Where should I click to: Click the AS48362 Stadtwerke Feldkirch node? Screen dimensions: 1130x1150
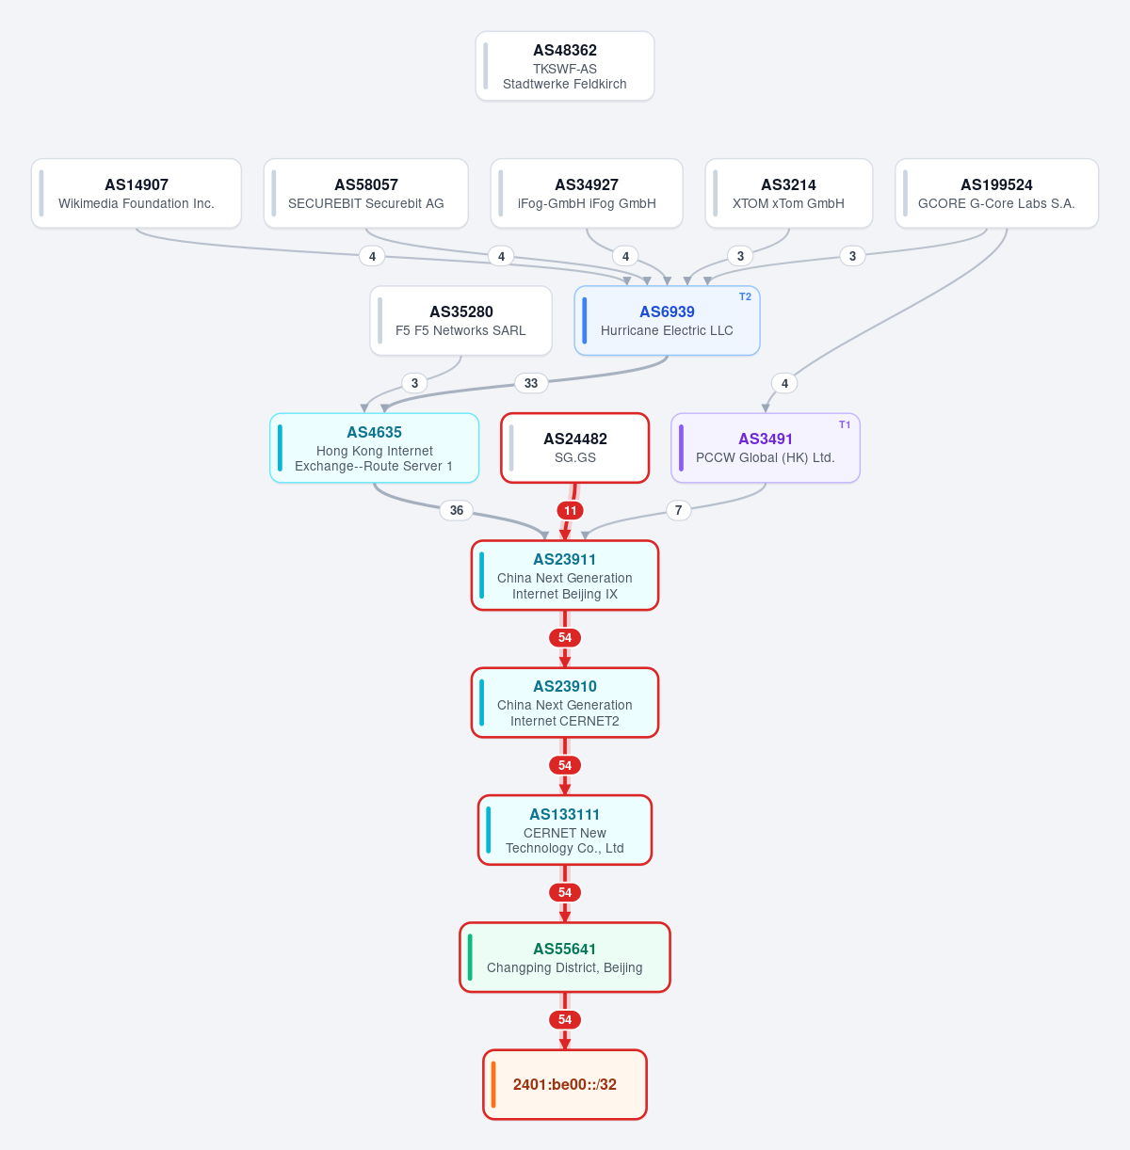564,66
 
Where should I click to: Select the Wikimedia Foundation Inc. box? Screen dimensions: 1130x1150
137,193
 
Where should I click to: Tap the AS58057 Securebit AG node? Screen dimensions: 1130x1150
365,193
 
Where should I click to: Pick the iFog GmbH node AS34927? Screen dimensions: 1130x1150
587,193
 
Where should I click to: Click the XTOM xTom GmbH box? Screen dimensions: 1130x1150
788,193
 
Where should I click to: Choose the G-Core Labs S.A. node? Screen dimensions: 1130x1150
996,193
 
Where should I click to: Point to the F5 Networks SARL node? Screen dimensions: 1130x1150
460,321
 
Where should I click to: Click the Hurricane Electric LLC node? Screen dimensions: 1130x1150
667,321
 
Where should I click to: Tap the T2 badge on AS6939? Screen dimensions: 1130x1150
745,296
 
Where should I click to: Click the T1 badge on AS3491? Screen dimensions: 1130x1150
845,424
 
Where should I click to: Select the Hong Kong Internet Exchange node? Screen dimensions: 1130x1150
374,448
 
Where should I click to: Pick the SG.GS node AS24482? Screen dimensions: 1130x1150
574,448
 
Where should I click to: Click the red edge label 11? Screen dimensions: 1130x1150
570,510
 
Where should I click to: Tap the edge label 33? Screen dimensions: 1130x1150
531,383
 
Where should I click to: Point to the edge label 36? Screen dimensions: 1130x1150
457,510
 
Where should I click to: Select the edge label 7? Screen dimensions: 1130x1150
678,510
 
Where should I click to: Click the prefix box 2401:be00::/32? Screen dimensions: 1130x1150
564,1084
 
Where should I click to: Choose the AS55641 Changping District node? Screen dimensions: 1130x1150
564,957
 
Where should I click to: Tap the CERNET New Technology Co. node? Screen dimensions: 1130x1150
564,829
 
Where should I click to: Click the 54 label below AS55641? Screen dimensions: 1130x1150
564,1019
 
